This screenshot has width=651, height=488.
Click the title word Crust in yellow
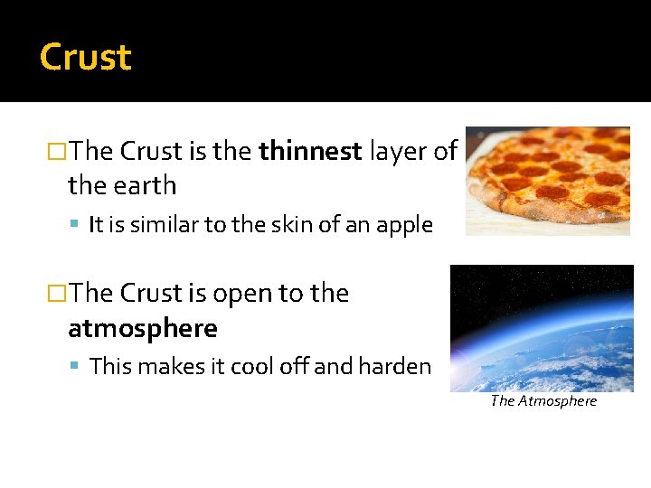click(x=86, y=58)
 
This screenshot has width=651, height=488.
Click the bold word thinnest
click(x=310, y=151)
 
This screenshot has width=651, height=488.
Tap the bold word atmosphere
click(x=143, y=328)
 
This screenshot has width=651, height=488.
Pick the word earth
click(x=146, y=185)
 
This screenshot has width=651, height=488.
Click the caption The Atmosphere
click(x=543, y=401)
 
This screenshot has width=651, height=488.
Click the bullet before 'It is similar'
click(x=78, y=225)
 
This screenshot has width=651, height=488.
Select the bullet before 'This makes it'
click(x=78, y=366)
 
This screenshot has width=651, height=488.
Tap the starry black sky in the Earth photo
click(x=506, y=289)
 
